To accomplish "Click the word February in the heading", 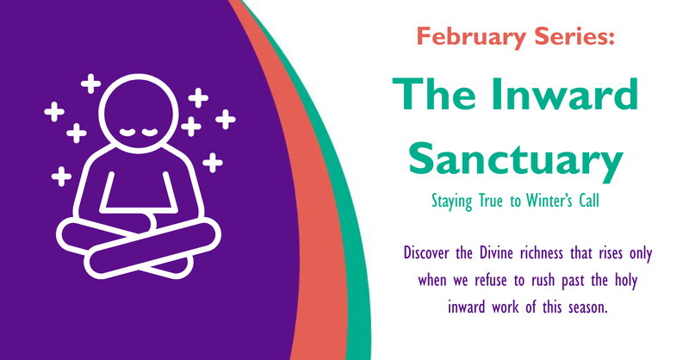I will [x=465, y=37].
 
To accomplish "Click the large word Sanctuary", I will [x=515, y=158].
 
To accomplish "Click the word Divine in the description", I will [x=506, y=254].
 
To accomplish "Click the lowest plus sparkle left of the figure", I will [x=60, y=177].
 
